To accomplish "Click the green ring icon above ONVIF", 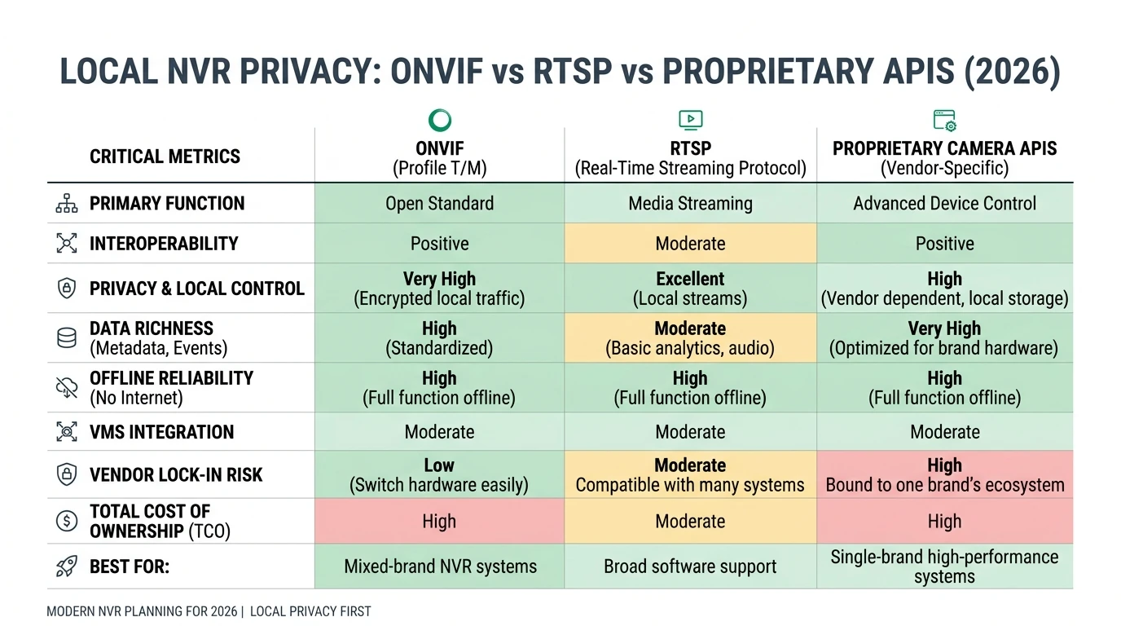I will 439,121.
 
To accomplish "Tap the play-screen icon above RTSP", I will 690,121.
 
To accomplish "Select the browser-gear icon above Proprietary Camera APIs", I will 944,121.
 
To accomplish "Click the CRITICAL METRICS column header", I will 165,156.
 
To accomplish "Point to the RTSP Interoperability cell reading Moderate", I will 690,244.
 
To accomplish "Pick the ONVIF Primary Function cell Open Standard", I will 439,203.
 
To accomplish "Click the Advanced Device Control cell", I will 944,203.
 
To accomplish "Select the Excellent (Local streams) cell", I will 690,289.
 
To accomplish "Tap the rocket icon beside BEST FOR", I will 67,566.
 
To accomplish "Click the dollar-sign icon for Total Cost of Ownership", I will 67,522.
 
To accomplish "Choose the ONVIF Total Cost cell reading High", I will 439,522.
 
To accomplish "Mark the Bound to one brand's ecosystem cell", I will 944,475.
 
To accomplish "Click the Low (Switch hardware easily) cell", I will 439,475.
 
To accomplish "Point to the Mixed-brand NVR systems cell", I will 440,566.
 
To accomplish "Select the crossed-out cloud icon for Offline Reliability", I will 67,388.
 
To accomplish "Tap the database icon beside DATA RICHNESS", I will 67,338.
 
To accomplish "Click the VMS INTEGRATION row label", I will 161,432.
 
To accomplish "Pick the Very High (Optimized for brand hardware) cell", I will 944,338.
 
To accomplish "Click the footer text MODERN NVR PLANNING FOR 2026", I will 142,611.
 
